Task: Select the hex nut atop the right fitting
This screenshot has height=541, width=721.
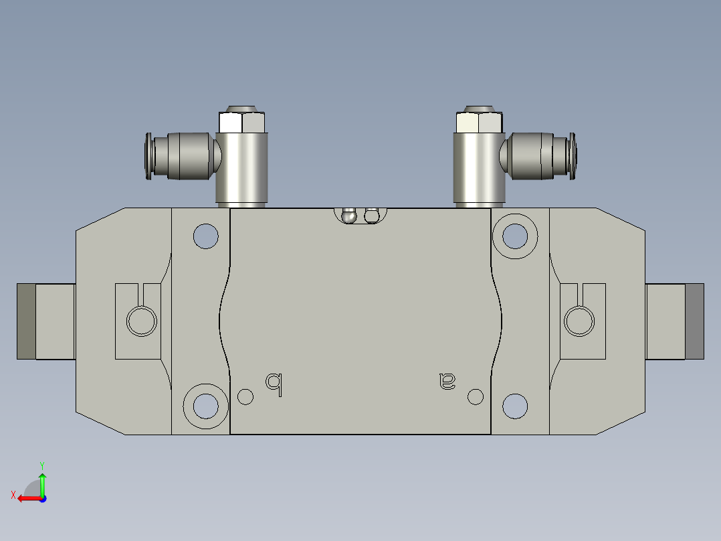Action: tap(479, 123)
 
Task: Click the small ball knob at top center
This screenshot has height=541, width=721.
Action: tap(348, 216)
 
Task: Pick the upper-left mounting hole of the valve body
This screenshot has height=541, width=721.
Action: tap(205, 235)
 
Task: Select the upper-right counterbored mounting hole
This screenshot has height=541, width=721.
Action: tap(514, 235)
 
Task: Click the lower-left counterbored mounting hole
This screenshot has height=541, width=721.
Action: tap(205, 406)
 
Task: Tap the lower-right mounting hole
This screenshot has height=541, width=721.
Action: tap(514, 406)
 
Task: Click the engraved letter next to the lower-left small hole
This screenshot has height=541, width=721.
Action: tap(274, 383)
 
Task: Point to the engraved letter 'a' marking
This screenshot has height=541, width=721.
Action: tap(447, 381)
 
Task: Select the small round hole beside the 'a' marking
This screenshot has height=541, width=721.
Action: tap(476, 396)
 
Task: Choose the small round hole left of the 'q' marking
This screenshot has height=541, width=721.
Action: tap(245, 396)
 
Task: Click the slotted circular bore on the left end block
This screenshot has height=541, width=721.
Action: tap(142, 320)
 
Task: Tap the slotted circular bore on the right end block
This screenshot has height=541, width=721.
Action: tap(579, 320)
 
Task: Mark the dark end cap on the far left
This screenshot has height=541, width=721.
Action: tap(26, 321)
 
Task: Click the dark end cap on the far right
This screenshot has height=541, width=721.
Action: tap(695, 321)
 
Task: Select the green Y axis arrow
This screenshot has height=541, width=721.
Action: tap(42, 481)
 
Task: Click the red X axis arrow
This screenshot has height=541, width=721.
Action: tap(27, 498)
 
